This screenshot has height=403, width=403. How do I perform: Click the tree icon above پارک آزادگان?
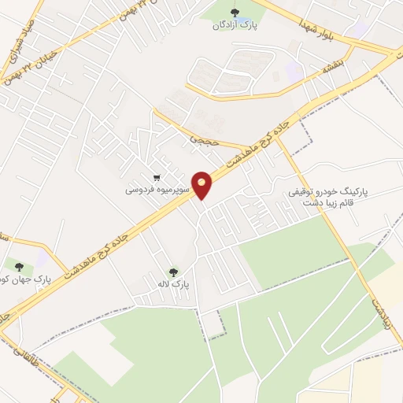(x=233, y=10)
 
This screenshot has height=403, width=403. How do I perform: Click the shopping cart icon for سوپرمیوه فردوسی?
(x=158, y=178)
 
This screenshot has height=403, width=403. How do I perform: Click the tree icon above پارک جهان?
(x=17, y=266)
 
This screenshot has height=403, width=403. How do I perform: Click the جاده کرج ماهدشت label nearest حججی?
(x=256, y=145)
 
